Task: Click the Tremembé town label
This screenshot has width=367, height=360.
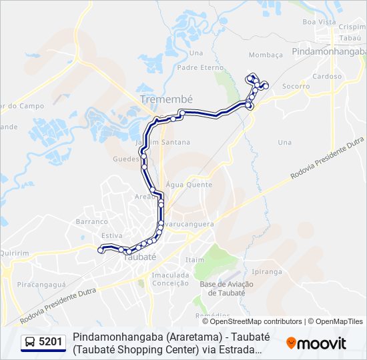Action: [166, 99]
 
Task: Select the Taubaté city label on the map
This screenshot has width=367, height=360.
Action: [139, 256]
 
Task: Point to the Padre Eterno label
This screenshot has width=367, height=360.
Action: [201, 67]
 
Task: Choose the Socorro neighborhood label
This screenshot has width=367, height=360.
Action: [296, 86]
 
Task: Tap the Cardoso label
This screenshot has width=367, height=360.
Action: [327, 77]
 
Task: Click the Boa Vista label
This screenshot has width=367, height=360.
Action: [319, 22]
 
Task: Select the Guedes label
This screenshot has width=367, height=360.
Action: [125, 159]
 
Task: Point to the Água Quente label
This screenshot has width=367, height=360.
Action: [190, 185]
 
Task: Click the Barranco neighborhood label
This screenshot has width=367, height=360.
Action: [91, 221]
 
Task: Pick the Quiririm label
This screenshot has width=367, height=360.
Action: [15, 253]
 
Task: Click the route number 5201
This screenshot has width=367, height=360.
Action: [51, 343]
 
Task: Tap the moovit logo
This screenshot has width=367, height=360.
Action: [316, 343]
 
